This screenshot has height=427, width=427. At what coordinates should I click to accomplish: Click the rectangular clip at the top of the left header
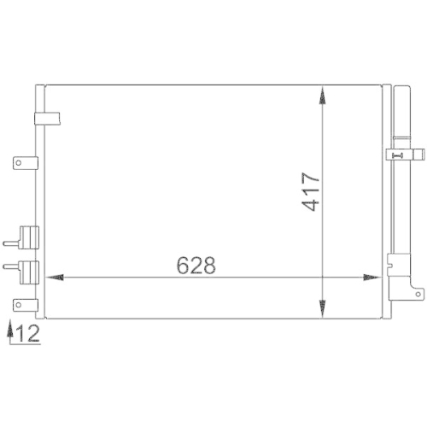pos(43,120)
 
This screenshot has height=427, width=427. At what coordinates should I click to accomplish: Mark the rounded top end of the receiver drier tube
pos(399,87)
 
